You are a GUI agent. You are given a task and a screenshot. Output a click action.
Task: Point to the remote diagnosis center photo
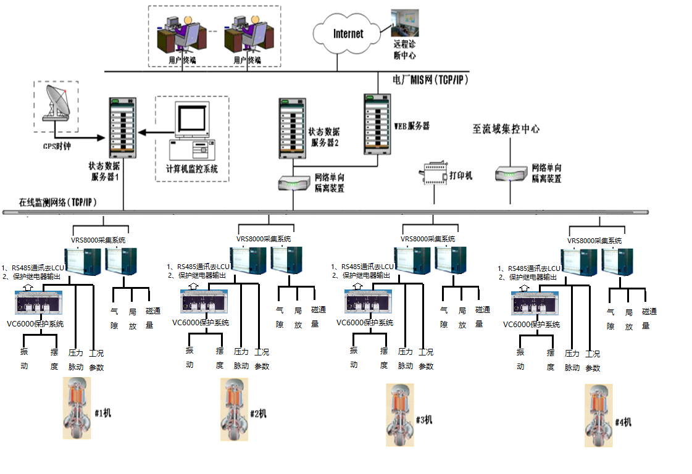[405, 23]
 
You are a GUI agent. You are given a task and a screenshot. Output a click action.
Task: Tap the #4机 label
[623, 422]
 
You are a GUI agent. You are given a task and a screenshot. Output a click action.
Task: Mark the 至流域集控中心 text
[506, 129]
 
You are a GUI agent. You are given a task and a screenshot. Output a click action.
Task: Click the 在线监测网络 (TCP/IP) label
[58, 202]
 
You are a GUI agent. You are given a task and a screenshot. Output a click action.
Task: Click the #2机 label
[259, 413]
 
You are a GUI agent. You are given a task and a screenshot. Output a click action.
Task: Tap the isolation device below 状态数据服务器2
[294, 183]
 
